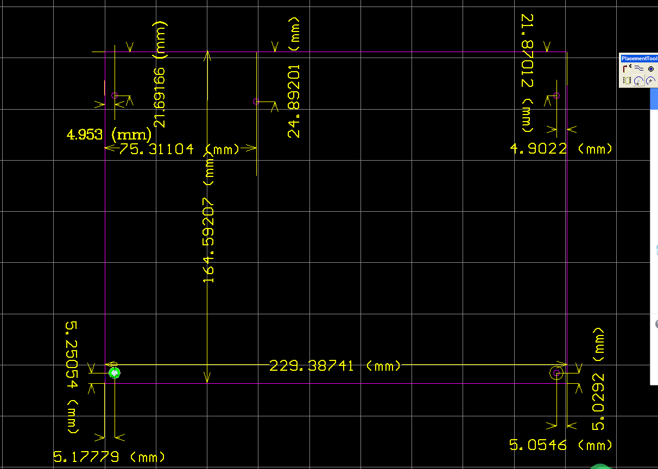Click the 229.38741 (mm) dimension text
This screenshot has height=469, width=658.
(335, 366)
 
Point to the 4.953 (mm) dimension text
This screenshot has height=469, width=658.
(109, 134)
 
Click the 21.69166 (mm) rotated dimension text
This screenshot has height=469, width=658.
(160, 74)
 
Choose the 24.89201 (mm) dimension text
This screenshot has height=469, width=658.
(294, 77)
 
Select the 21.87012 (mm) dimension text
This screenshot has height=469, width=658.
(527, 73)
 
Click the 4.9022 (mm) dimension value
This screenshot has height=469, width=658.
(561, 149)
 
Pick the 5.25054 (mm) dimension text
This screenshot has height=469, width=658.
(72, 378)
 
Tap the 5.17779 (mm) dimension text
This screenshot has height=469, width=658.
(109, 457)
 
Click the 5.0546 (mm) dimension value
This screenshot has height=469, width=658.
(561, 446)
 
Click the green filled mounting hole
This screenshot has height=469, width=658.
(115, 373)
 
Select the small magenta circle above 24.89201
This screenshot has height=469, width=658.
(256, 102)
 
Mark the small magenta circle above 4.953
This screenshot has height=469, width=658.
(114, 96)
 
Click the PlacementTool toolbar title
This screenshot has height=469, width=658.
(638, 59)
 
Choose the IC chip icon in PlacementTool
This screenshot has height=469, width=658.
(627, 81)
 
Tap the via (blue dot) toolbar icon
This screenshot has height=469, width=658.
(651, 69)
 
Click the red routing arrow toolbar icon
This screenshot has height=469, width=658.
(627, 69)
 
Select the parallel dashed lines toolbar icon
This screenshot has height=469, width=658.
(639, 69)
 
